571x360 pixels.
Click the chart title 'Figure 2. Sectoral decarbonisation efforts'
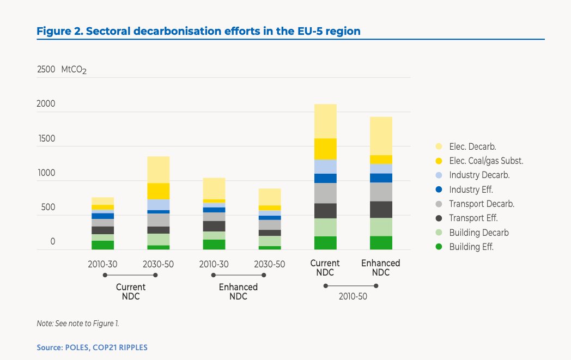tap(198, 31)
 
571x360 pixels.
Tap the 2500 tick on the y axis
tap(46, 70)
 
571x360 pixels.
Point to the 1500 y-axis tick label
tap(46, 139)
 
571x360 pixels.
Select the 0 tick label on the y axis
tap(53, 242)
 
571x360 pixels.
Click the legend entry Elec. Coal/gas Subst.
tap(486, 161)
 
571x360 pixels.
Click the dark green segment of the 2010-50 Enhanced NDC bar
tap(381, 243)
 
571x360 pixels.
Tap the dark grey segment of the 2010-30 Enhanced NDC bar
tap(214, 226)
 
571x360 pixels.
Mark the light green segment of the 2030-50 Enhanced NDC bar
tap(270, 241)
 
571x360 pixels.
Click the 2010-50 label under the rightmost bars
tap(353, 298)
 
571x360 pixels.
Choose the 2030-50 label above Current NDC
tap(158, 264)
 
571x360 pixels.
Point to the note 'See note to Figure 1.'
tap(77, 324)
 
